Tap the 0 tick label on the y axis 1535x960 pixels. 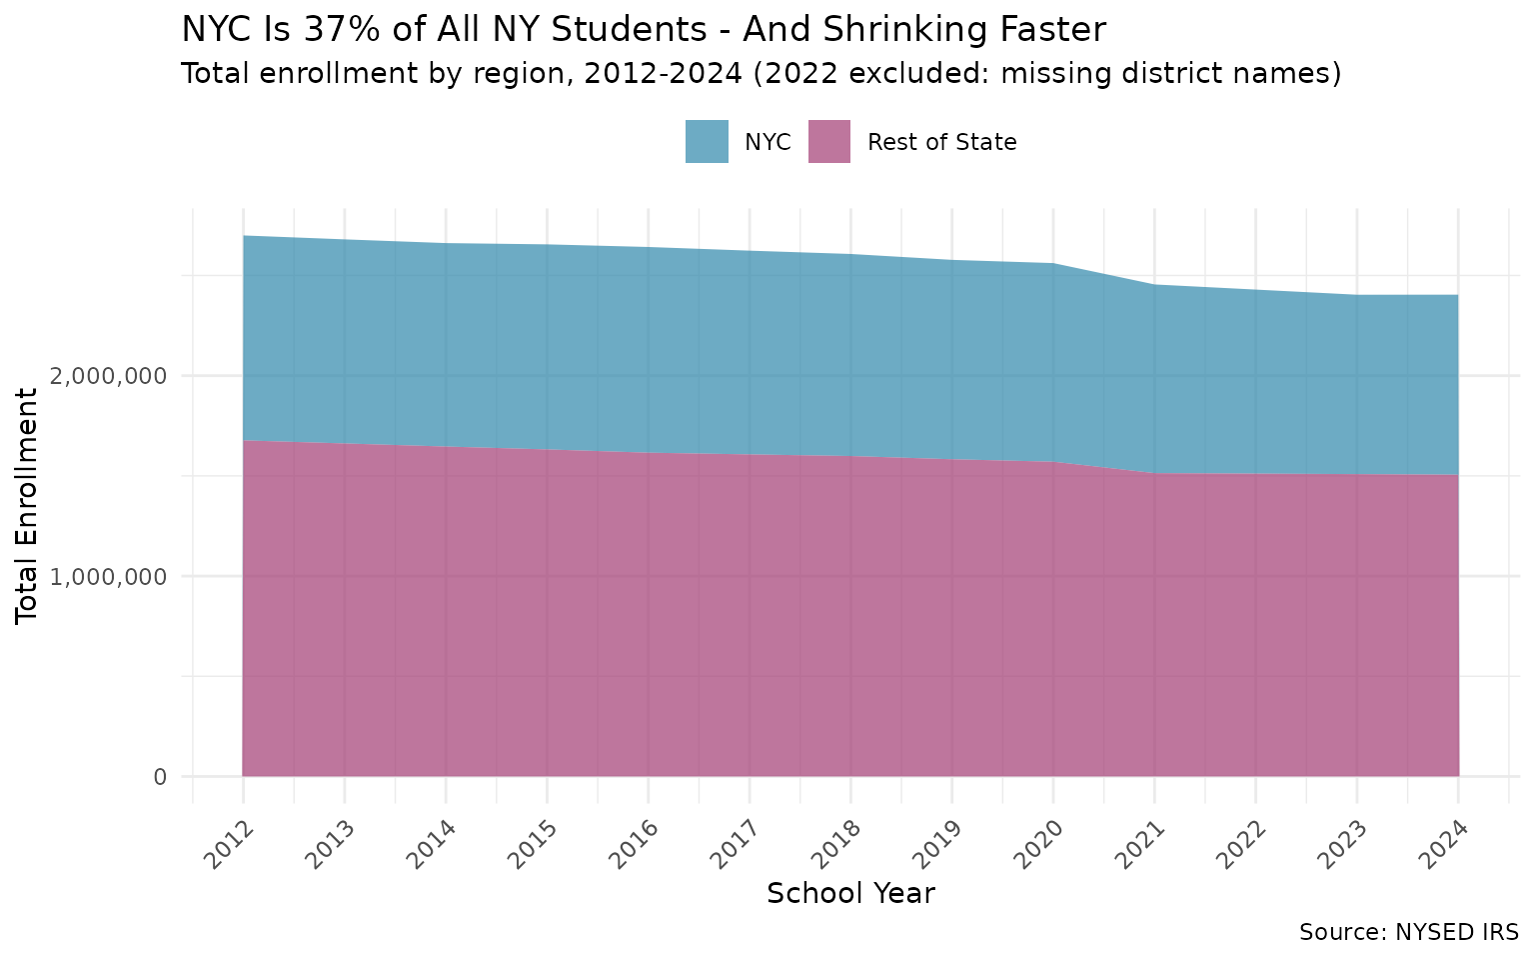[x=160, y=777]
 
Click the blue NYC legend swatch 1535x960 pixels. [x=707, y=142]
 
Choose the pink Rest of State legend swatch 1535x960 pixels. [x=828, y=142]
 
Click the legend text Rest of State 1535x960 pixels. [x=941, y=142]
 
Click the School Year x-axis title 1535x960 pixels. [x=850, y=893]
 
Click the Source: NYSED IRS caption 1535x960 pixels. [x=1408, y=932]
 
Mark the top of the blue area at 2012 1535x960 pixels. [x=243, y=236]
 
